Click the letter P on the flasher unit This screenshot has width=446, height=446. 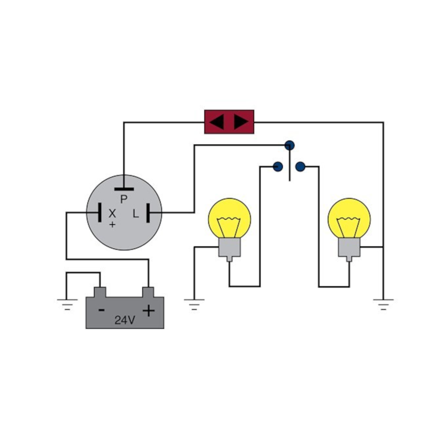tap(124, 199)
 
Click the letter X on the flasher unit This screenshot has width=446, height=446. tap(112, 213)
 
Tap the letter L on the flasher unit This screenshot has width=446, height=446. tap(136, 213)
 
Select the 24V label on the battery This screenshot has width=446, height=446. tap(125, 320)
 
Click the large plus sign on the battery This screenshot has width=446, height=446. tap(149, 311)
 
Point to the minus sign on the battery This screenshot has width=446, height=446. tap(101, 310)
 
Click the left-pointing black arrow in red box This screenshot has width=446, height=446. tap(217, 122)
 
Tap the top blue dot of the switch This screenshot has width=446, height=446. tap(290, 145)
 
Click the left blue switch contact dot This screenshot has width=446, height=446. tap(278, 167)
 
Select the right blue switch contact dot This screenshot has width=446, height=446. tap(301, 167)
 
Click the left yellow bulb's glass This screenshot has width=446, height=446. tap(230, 218)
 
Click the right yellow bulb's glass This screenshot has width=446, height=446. tap(349, 218)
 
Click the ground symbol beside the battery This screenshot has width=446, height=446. tap(67, 304)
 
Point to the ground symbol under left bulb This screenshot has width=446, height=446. tap(194, 304)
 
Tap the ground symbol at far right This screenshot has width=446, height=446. tap(383, 304)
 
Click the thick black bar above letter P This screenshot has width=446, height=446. tap(124, 189)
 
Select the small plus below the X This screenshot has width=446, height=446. tap(113, 225)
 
